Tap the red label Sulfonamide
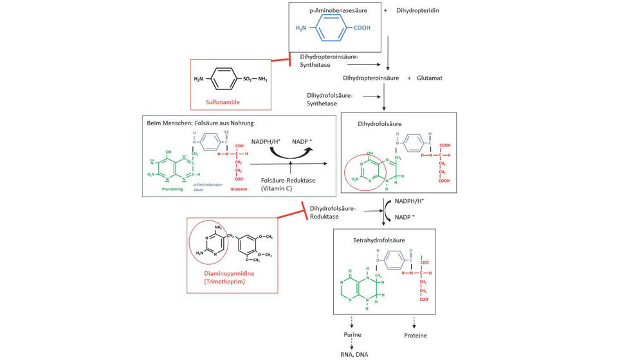(x=223, y=101)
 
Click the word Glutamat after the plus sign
(x=429, y=78)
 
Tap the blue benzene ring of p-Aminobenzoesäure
(x=326, y=28)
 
